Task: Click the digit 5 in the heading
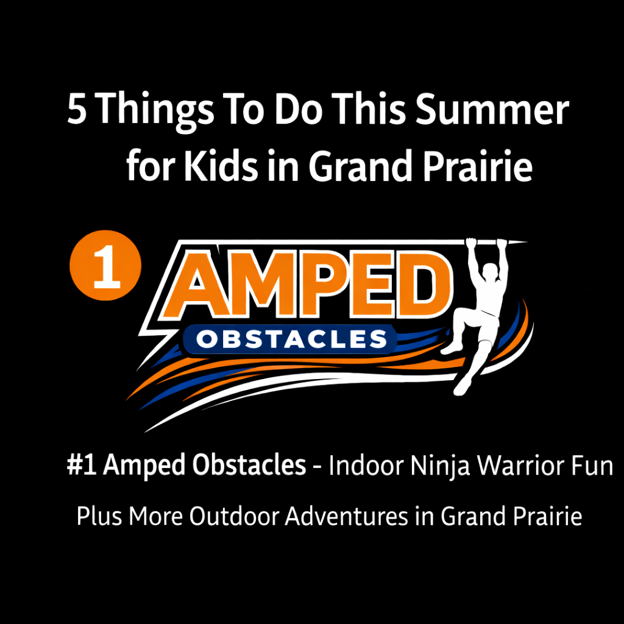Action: pos(77,110)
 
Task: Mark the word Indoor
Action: pos(366,467)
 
